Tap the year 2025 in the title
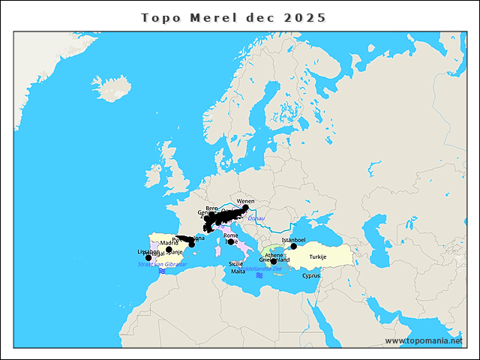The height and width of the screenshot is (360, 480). pyautogui.click(x=305, y=17)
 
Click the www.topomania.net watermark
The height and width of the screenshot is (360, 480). pyautogui.click(x=424, y=340)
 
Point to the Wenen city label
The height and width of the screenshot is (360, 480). pyautogui.click(x=245, y=202)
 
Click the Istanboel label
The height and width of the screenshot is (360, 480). pyautogui.click(x=293, y=240)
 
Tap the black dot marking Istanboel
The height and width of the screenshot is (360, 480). pyautogui.click(x=294, y=246)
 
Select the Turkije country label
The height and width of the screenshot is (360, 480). pyautogui.click(x=318, y=257)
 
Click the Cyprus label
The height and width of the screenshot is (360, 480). pyautogui.click(x=311, y=275)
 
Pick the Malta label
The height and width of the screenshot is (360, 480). pyautogui.click(x=238, y=271)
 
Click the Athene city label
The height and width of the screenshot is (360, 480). pyautogui.click(x=274, y=255)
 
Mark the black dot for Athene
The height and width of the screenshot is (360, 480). pyautogui.click(x=274, y=262)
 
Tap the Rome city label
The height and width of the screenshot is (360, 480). pyautogui.click(x=230, y=235)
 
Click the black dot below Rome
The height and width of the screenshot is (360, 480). pyautogui.click(x=231, y=242)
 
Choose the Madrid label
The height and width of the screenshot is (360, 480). pyautogui.click(x=169, y=243)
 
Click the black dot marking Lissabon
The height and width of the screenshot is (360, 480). pyautogui.click(x=148, y=258)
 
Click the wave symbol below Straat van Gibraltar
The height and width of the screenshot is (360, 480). pyautogui.click(x=161, y=271)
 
